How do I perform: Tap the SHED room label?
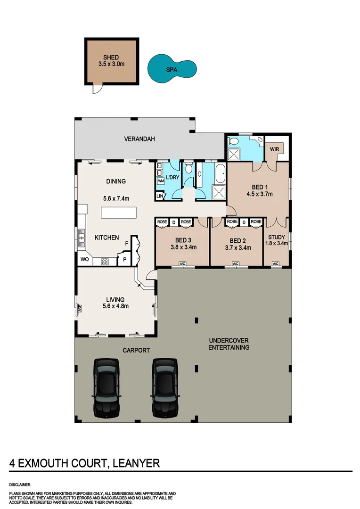(x=111, y=57)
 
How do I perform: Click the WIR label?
(x=275, y=149)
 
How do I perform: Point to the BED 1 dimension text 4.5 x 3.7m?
(x=260, y=193)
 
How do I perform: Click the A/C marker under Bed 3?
(x=181, y=264)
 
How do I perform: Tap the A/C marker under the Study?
(x=276, y=264)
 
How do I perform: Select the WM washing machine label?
(x=161, y=181)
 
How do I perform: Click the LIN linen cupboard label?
(x=160, y=196)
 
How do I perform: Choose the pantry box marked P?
(x=125, y=259)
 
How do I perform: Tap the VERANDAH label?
(x=139, y=139)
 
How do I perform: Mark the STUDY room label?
(x=277, y=237)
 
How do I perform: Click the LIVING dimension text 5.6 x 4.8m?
(x=115, y=306)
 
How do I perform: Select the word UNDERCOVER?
(x=229, y=340)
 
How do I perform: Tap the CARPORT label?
(x=137, y=350)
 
